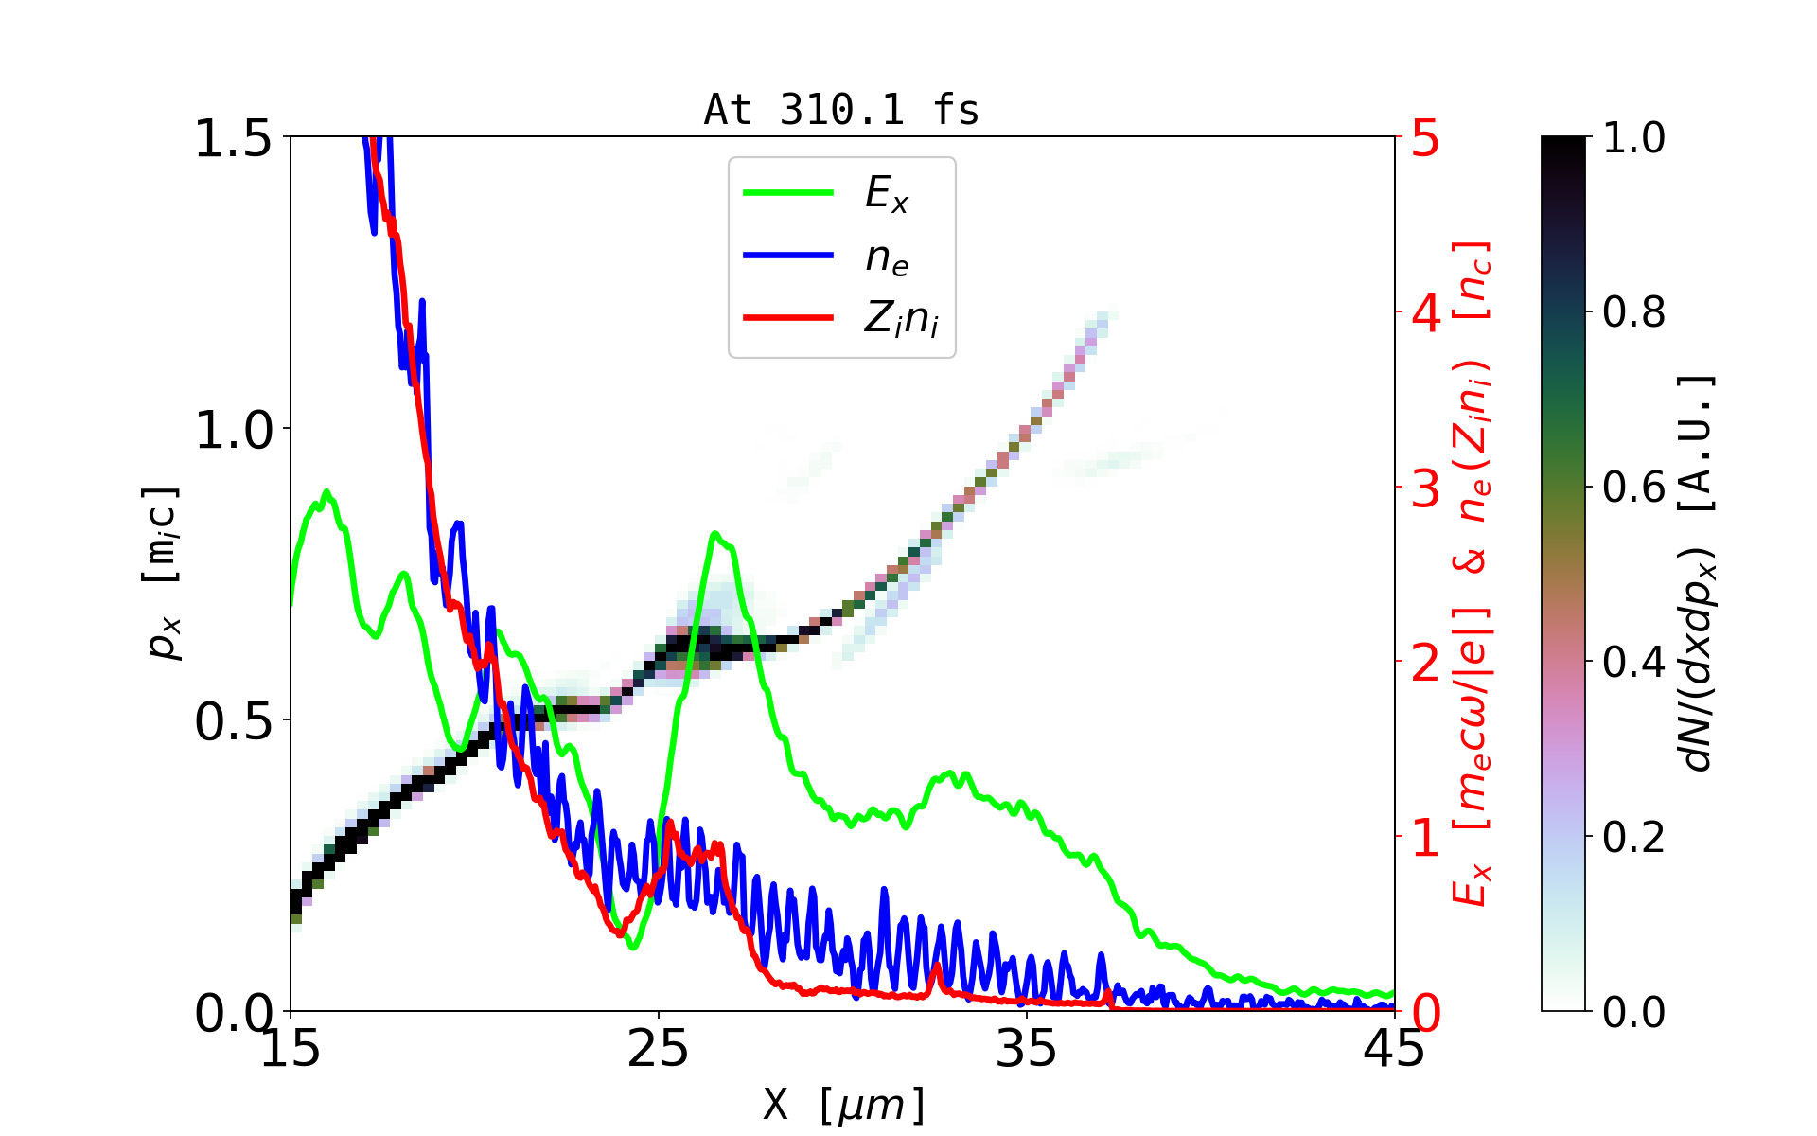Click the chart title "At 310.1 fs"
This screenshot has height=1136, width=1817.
[x=841, y=110]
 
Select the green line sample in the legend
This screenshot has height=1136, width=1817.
[x=788, y=193]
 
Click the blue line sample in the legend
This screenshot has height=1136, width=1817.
[x=788, y=256]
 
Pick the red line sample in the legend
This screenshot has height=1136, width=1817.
[x=788, y=318]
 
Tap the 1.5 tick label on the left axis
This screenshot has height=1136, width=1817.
[x=233, y=139]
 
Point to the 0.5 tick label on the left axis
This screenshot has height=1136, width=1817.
[x=233, y=722]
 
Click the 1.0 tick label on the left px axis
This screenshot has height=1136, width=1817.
[x=233, y=431]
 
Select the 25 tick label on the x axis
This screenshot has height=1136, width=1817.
[x=659, y=1049]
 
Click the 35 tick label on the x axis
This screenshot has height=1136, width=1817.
[x=1027, y=1049]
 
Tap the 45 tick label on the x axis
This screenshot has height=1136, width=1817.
[x=1394, y=1049]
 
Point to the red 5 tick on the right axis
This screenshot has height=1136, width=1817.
[x=1426, y=139]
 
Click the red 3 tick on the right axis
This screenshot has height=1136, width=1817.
[x=1426, y=488]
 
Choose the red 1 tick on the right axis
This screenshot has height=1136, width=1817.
[x=1426, y=838]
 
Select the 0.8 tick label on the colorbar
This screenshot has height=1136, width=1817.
[x=1633, y=311]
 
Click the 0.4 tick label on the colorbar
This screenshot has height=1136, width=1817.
[x=1633, y=662]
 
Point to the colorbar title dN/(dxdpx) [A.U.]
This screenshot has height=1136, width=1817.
[x=1699, y=574]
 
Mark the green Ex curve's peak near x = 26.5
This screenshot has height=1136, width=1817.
[x=715, y=534]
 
